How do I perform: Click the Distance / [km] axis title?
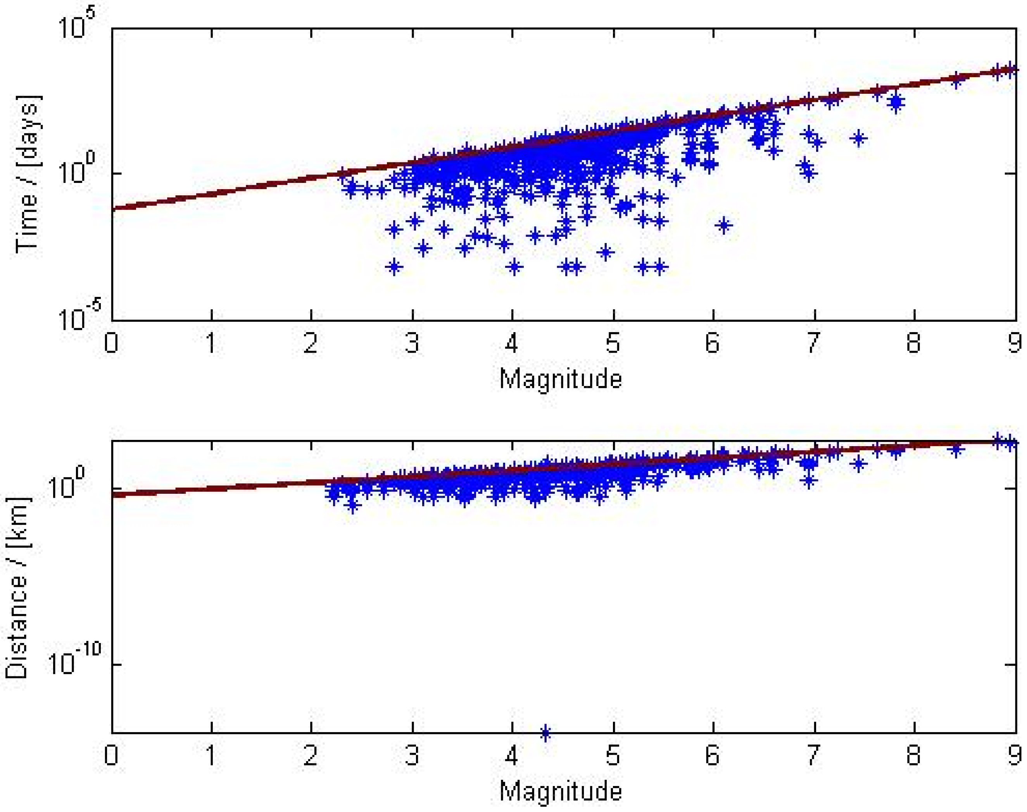(18, 588)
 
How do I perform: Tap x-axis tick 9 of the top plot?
(1014, 342)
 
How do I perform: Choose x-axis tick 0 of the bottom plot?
(111, 755)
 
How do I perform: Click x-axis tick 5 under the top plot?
(613, 342)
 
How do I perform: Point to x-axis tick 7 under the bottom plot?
(813, 755)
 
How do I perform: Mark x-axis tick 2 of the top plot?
(311, 342)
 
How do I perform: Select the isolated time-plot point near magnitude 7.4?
(859, 138)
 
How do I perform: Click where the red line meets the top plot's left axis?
(113, 208)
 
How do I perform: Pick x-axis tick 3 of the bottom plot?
(412, 755)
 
